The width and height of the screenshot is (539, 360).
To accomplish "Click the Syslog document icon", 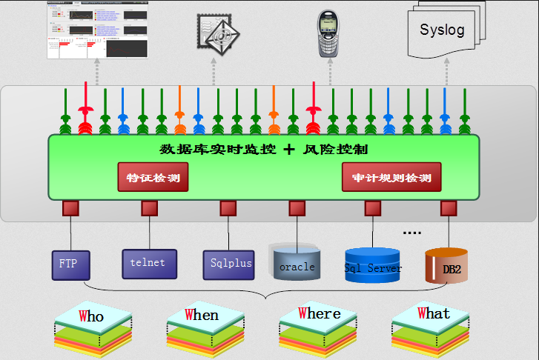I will coord(444,30).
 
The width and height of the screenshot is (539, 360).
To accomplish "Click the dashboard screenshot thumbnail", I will coord(97,30).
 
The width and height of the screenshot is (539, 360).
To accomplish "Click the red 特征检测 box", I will coord(153,178).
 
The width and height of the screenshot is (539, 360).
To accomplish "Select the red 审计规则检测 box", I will coord(391,178).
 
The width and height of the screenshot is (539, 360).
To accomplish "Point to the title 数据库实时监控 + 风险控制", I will coord(263,149).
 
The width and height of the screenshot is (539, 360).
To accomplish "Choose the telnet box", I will coord(149,263).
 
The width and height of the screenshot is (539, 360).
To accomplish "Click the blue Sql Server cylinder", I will coord(373,266).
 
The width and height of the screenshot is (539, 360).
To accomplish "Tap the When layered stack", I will coord(203,327).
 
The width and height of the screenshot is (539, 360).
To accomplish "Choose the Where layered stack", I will coord(317,327).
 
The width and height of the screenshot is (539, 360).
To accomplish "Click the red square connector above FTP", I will coord(70,208).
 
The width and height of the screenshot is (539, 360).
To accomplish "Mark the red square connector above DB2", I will coord(447,208).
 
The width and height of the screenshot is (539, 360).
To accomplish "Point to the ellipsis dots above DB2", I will coord(411,233).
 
